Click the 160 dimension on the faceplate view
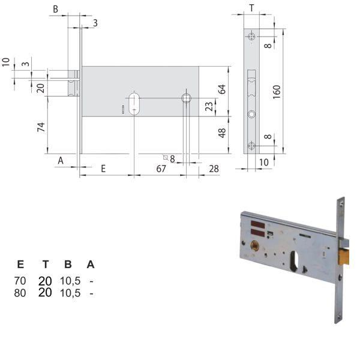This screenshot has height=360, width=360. [x=277, y=92]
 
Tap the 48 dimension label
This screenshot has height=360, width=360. [x=222, y=132]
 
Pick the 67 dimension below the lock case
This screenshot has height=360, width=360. [x=161, y=169]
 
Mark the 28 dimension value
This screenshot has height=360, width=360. [x=214, y=169]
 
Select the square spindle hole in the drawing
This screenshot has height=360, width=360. [x=186, y=98]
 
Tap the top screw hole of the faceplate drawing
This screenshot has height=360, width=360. [x=251, y=37]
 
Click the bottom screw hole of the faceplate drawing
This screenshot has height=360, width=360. [x=251, y=145]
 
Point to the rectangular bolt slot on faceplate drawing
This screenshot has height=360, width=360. [x=251, y=83]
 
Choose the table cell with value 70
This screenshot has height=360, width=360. [x=20, y=281]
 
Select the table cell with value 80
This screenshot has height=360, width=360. [x=20, y=293]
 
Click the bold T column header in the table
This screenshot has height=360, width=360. [x=45, y=265]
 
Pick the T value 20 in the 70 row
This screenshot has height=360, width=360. [x=45, y=281]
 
